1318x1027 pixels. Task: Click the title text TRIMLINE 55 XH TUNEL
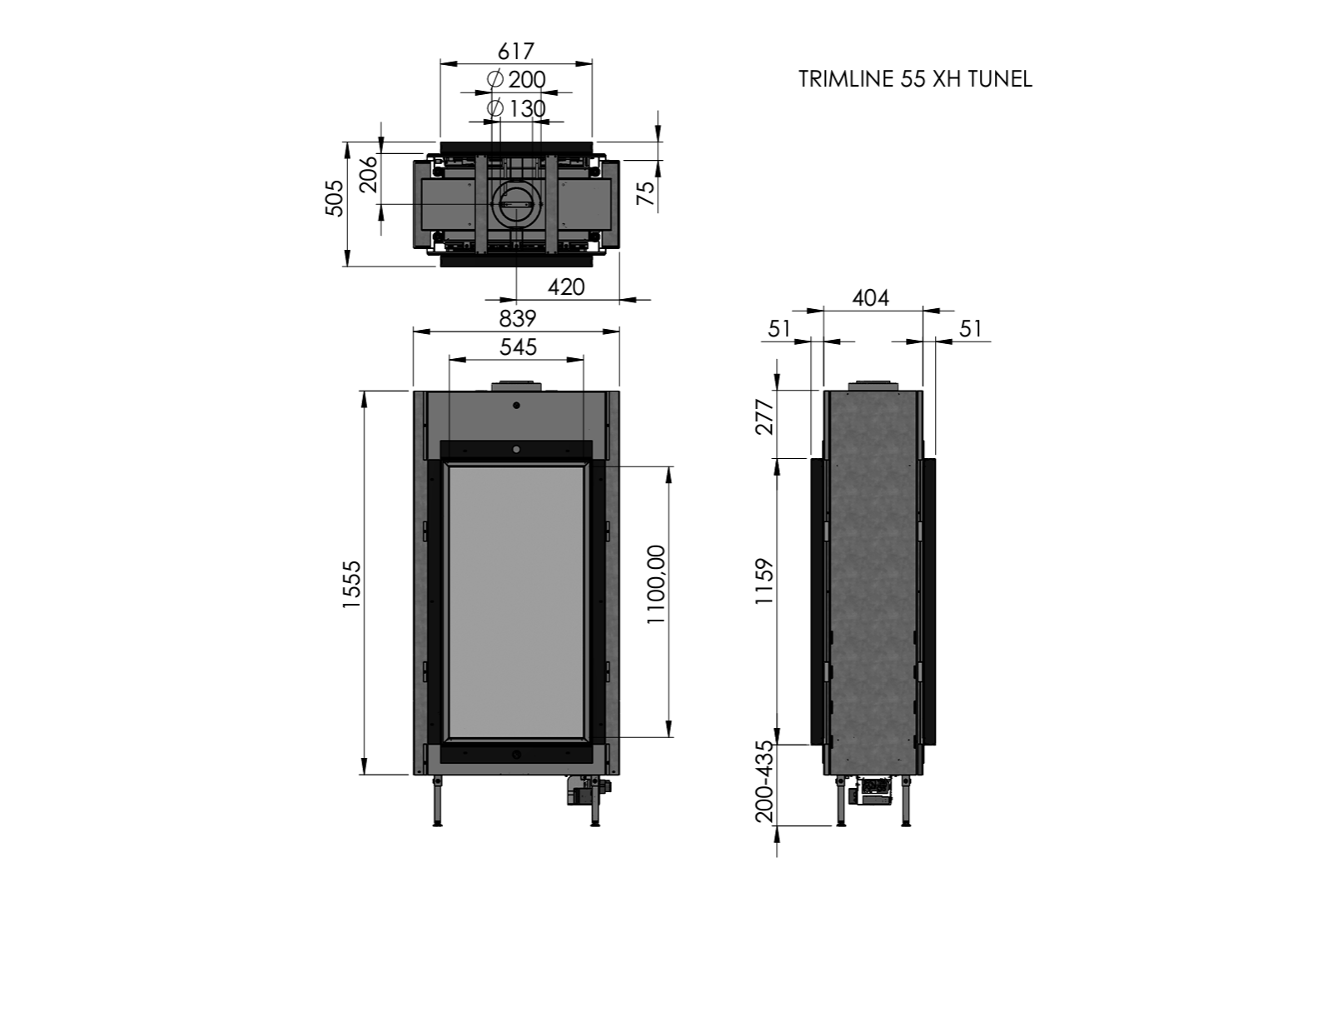(915, 79)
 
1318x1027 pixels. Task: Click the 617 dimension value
(516, 52)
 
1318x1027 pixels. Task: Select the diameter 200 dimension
(517, 80)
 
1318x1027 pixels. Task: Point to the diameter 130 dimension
(517, 109)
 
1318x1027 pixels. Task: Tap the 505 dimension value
(334, 197)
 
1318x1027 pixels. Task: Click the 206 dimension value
(368, 175)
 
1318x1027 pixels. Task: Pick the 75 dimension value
(645, 194)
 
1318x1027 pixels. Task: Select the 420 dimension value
(566, 287)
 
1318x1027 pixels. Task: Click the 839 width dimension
(517, 318)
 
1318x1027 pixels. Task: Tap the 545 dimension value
(518, 346)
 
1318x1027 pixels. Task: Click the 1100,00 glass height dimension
(656, 584)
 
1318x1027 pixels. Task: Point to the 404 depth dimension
(871, 297)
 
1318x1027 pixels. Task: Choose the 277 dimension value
(763, 416)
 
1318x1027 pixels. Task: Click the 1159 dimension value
(763, 582)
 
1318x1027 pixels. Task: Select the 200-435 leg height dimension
(763, 781)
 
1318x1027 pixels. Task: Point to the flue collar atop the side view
(873, 385)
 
